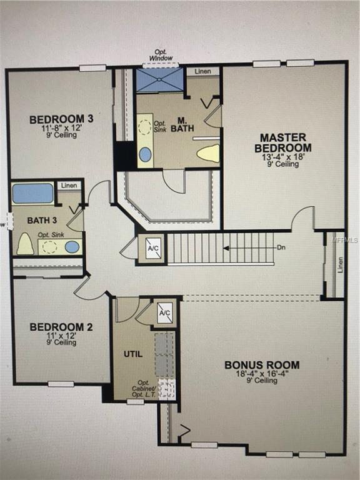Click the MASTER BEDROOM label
283,142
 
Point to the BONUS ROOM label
262,365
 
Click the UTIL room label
133,354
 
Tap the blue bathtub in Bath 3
32,193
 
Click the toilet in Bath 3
25,243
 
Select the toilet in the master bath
208,153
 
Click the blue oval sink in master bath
145,154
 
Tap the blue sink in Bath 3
72,246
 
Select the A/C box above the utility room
165,312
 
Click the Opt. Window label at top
161,55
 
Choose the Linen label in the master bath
202,72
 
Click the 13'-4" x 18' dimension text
283,157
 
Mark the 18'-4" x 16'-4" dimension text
262,374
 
